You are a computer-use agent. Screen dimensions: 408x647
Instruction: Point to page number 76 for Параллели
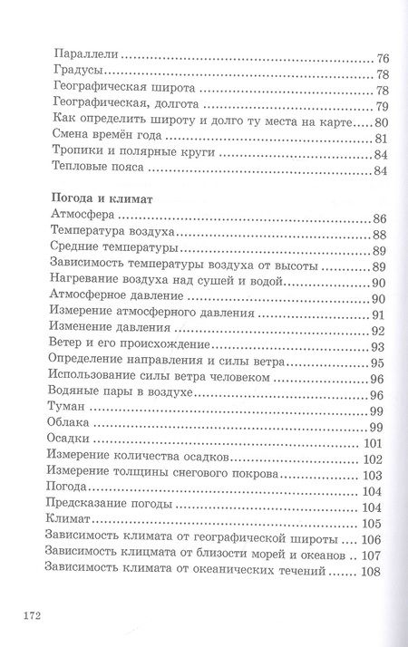click(x=381, y=55)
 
